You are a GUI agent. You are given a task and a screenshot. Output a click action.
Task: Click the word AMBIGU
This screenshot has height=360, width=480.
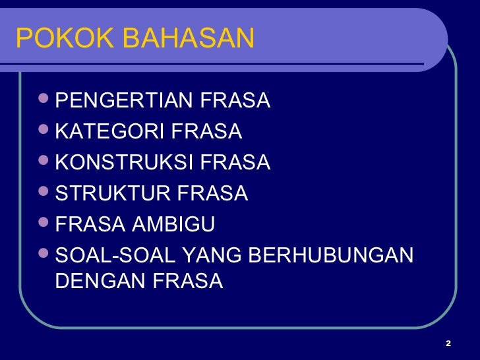(x=173, y=224)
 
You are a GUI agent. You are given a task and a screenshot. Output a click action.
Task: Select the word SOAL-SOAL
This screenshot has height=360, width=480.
(x=109, y=255)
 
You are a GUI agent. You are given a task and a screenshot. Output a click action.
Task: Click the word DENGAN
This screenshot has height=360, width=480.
(x=100, y=282)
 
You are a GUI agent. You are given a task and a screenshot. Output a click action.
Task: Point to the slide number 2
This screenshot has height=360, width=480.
(x=448, y=344)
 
